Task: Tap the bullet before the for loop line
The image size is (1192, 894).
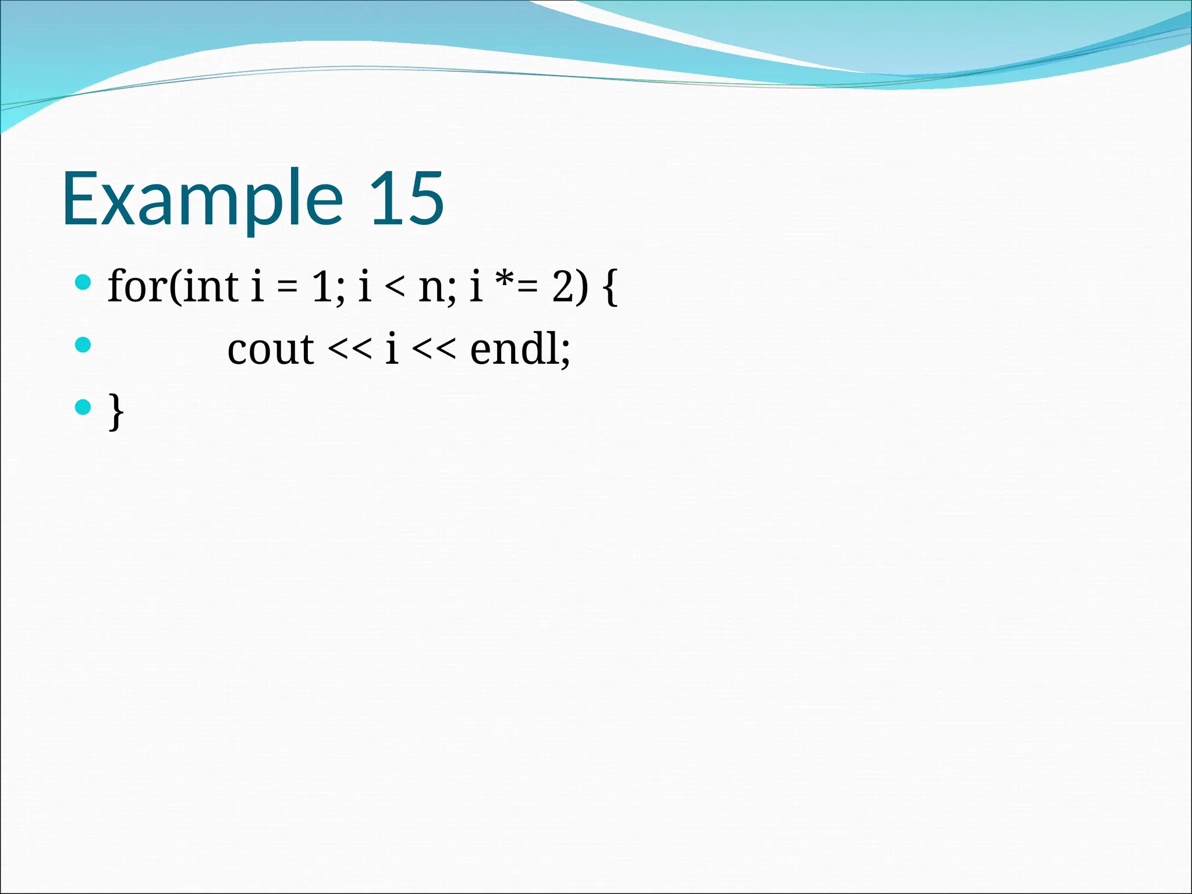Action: [84, 283]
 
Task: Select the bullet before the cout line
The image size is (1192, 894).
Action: [84, 345]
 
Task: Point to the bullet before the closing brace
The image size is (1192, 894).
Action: [84, 407]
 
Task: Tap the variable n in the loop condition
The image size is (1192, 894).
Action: [431, 289]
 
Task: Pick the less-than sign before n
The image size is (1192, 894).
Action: [395, 289]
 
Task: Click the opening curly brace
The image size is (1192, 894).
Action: [610, 288]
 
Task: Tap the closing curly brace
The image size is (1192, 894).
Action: [116, 411]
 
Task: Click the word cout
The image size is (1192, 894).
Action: [271, 350]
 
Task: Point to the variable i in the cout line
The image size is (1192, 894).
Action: [392, 349]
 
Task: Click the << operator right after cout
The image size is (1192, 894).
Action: [349, 350]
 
